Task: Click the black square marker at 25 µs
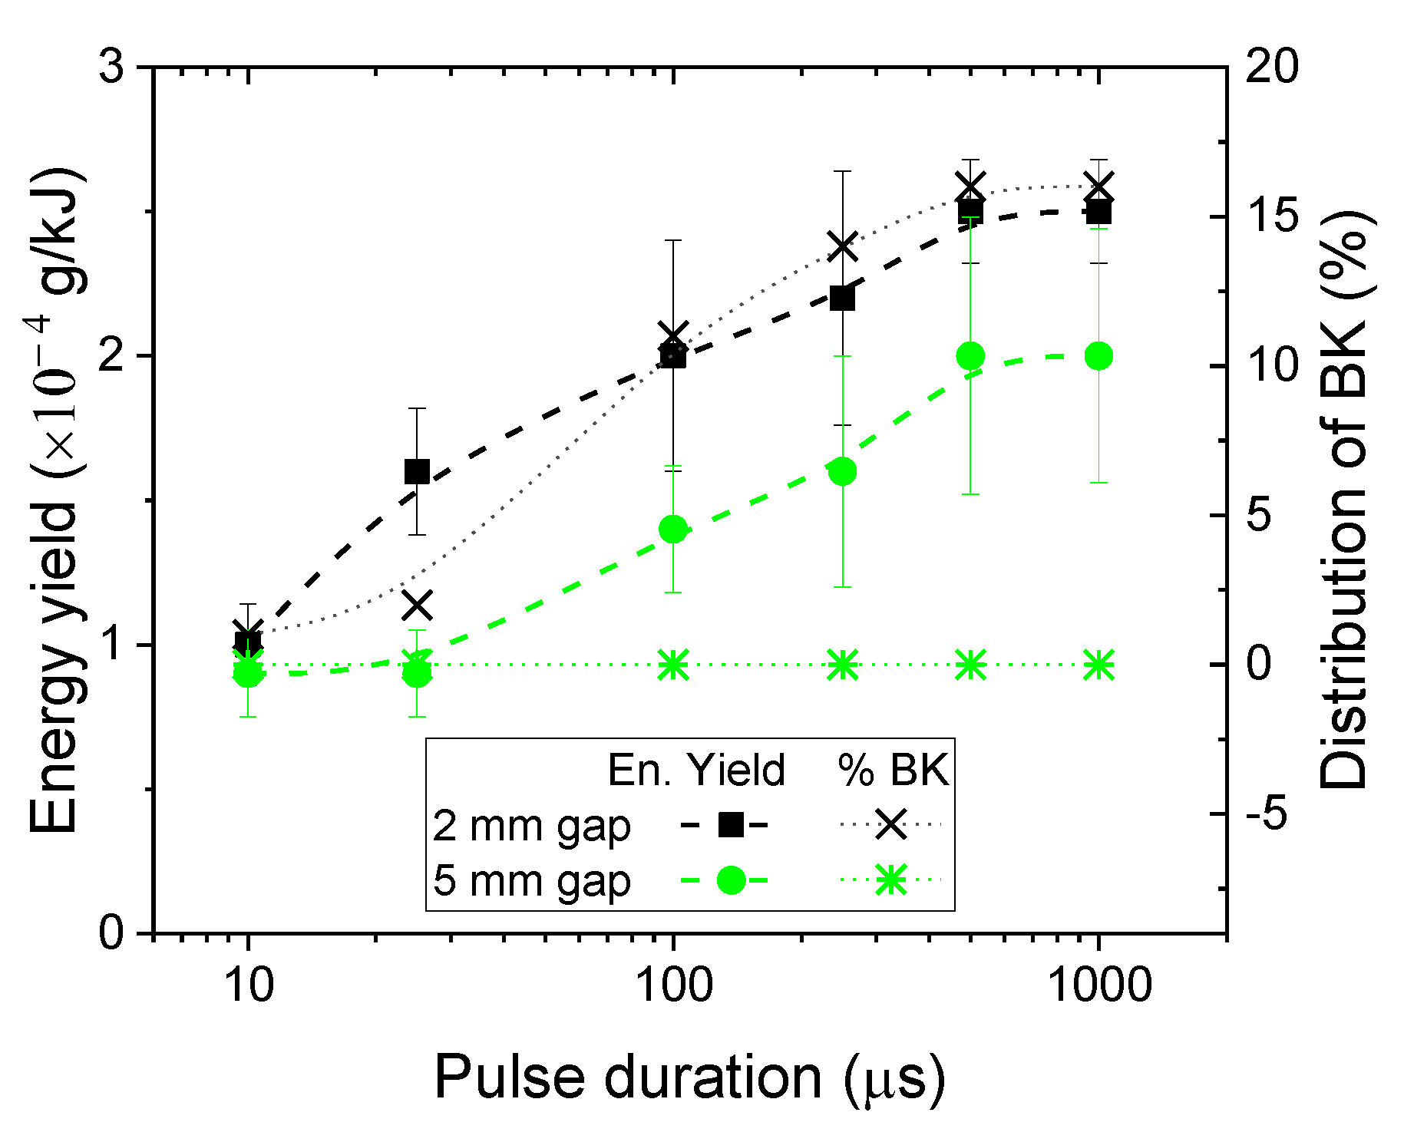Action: click(x=417, y=471)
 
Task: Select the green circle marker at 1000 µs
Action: click(x=1099, y=356)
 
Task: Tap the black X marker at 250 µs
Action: click(x=843, y=247)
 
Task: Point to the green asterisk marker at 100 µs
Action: click(x=673, y=665)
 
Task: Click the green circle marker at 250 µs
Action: click(x=843, y=472)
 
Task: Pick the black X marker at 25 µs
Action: click(x=417, y=606)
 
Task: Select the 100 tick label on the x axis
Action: click(x=673, y=985)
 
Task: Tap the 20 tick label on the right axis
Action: click(x=1271, y=68)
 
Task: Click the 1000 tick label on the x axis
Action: click(x=1099, y=985)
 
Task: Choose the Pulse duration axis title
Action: click(x=689, y=1078)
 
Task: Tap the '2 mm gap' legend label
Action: click(x=531, y=826)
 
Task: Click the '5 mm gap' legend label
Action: click(x=531, y=880)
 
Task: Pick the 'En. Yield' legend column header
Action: click(x=696, y=770)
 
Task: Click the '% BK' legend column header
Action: click(x=893, y=770)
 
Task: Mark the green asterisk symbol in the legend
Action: click(x=890, y=880)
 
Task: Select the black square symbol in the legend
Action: click(x=730, y=825)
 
